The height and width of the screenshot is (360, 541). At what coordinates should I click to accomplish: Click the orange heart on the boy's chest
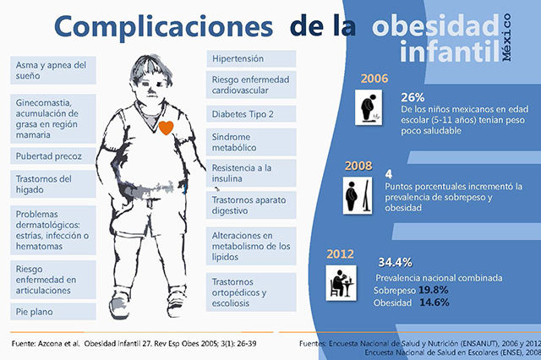tap(167, 128)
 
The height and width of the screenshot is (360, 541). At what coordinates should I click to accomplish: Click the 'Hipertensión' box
tap(251, 59)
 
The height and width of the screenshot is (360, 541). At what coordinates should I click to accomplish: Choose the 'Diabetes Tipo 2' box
tap(251, 113)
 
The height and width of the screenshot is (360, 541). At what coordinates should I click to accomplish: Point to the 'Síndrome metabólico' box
tap(251, 144)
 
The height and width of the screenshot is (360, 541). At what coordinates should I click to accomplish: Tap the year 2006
tap(374, 79)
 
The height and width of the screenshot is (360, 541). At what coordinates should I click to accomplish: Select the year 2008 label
tap(358, 167)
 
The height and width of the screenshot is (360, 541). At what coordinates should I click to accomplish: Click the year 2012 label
tap(342, 254)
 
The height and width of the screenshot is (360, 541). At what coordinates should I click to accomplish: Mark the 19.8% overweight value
tap(431, 289)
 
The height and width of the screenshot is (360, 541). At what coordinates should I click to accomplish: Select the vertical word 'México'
tap(506, 36)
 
